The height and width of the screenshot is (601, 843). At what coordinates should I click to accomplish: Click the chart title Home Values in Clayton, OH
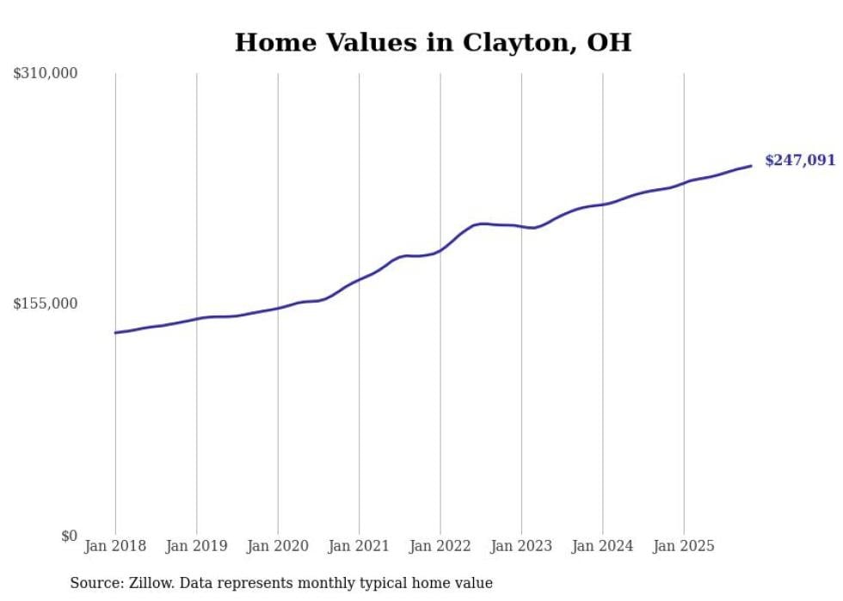(433, 42)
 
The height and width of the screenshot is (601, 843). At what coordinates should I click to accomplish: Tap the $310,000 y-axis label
(46, 74)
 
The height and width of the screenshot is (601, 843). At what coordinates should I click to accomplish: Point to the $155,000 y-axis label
(46, 304)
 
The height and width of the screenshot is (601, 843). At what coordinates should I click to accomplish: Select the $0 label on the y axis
(69, 536)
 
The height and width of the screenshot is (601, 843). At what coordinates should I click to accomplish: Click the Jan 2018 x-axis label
(115, 546)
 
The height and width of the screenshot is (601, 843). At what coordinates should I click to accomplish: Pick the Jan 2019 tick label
(197, 546)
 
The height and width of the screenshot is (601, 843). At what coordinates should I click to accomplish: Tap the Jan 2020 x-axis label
(278, 546)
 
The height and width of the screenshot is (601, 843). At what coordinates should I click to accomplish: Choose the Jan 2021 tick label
(360, 546)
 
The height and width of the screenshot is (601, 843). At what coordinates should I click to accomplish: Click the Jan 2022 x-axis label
(440, 546)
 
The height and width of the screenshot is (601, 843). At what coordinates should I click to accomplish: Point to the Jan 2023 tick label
(522, 546)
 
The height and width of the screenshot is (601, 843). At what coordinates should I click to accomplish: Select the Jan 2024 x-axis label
(603, 546)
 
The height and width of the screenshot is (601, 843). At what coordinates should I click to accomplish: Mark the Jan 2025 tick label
(685, 546)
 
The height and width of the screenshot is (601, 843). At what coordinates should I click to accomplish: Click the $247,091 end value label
(799, 161)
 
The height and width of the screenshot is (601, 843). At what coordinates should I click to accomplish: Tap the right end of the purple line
(751, 166)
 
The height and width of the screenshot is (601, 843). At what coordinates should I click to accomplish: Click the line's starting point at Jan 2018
(115, 333)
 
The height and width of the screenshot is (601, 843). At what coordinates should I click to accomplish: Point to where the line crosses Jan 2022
(440, 250)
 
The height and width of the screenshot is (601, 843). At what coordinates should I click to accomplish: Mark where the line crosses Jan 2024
(603, 204)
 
